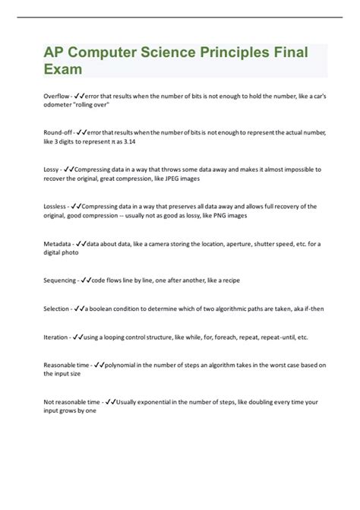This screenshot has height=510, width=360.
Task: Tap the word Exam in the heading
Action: coord(62,69)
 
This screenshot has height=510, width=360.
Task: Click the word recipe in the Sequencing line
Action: coord(229,280)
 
